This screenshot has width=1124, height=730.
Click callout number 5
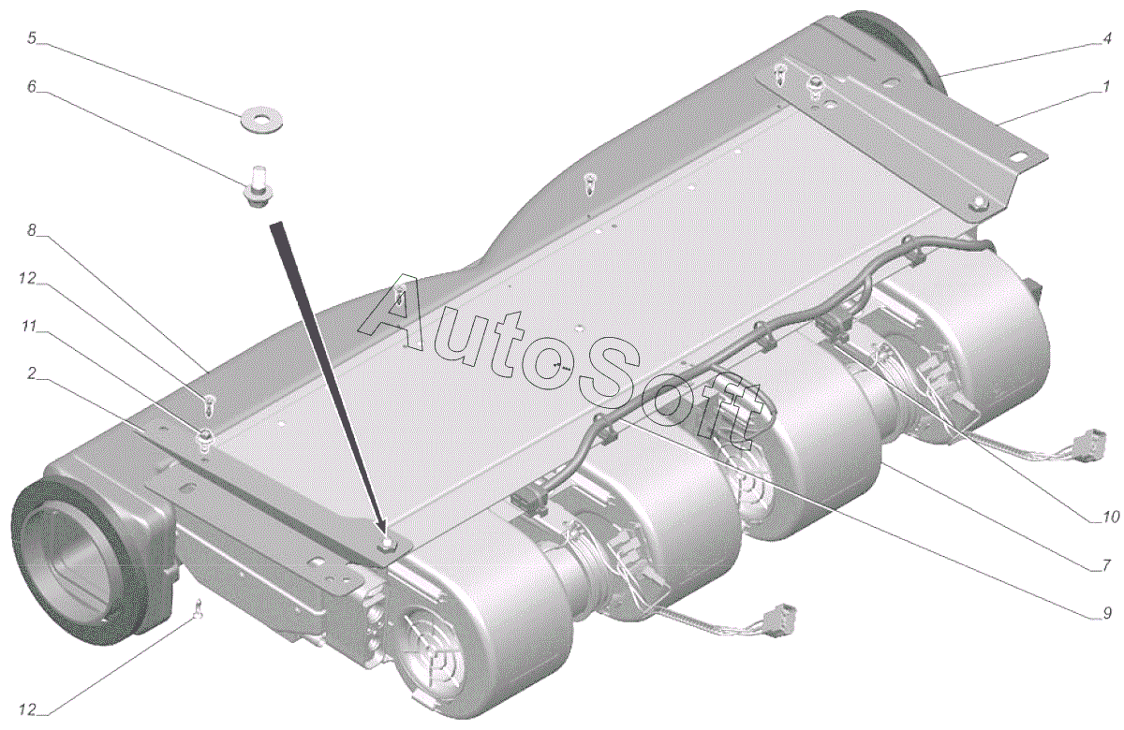click(32, 38)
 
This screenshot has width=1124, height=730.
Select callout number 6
click(32, 87)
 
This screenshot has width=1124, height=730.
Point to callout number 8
click(32, 230)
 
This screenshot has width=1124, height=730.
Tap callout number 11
click(29, 327)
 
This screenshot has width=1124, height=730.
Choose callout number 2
click(31, 373)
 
